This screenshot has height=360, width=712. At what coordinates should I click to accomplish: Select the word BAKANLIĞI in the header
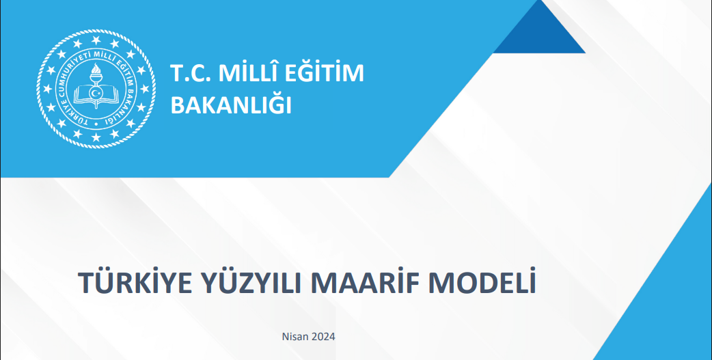[230, 105]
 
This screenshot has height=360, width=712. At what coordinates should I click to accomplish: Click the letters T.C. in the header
[190, 74]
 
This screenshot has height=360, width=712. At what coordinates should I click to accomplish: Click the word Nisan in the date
[295, 337]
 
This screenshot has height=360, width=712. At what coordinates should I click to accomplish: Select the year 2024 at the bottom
[323, 337]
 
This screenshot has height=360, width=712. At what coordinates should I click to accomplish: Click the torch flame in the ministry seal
[96, 69]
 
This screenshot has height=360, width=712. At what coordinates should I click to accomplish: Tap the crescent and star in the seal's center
[96, 93]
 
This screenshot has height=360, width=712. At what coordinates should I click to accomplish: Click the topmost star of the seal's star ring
[96, 40]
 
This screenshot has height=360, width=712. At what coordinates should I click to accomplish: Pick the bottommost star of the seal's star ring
[96, 137]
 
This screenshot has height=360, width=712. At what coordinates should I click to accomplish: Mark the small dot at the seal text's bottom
[96, 124]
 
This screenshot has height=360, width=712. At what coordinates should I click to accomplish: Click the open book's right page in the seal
[108, 93]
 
